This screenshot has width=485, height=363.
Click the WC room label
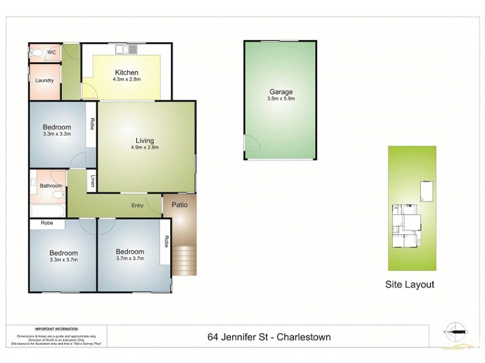(x=52, y=53)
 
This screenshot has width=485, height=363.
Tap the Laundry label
(x=45, y=80)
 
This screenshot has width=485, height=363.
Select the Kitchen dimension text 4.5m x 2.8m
(x=127, y=79)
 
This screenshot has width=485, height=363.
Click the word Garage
(x=280, y=92)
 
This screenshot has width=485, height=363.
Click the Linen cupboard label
(x=93, y=181)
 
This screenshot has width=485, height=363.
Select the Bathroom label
(x=51, y=186)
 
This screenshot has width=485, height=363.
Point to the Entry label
(x=138, y=206)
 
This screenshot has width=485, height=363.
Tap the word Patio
(x=179, y=204)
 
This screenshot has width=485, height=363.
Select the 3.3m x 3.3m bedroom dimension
(x=57, y=134)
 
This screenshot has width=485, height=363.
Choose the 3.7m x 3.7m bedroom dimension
(x=130, y=260)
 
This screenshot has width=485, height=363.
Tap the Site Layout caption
(x=410, y=284)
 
